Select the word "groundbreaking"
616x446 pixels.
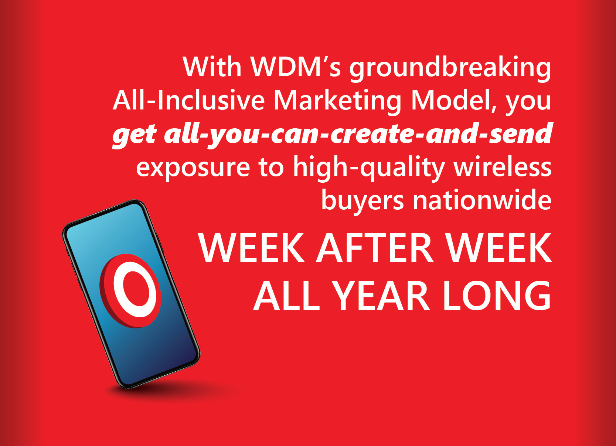pos(450,69)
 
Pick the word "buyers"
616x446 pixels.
pos(363,201)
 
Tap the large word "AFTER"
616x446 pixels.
pos(375,248)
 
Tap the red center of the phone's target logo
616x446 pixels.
pos(136,288)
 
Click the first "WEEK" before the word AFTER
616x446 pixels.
pos(251,248)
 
